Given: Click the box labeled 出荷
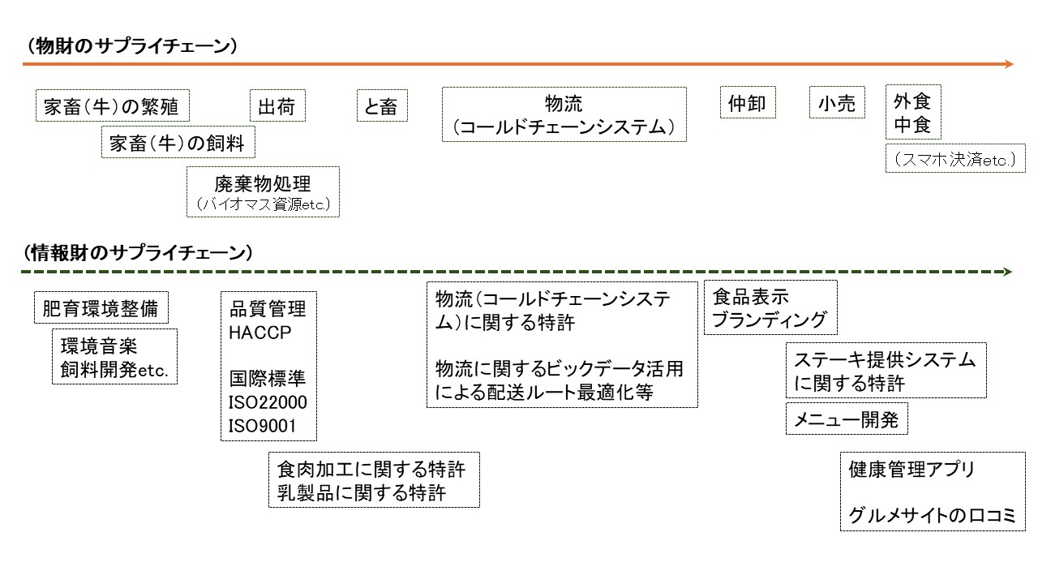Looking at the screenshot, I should tap(277, 105).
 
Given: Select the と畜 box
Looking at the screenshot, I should tap(382, 105).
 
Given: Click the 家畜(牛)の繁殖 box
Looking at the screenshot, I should tap(110, 105).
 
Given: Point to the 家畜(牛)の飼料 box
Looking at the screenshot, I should tap(177, 144).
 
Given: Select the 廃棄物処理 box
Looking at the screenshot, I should tap(263, 192).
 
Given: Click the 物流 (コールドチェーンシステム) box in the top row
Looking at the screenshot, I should tap(564, 114).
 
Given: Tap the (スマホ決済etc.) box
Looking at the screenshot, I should tap(955, 160).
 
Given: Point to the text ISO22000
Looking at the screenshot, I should tap(268, 403).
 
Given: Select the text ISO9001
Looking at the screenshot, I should tap(262, 426).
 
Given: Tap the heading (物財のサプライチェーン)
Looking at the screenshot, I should tap(132, 46).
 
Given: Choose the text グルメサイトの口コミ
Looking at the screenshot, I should tap(932, 515).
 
